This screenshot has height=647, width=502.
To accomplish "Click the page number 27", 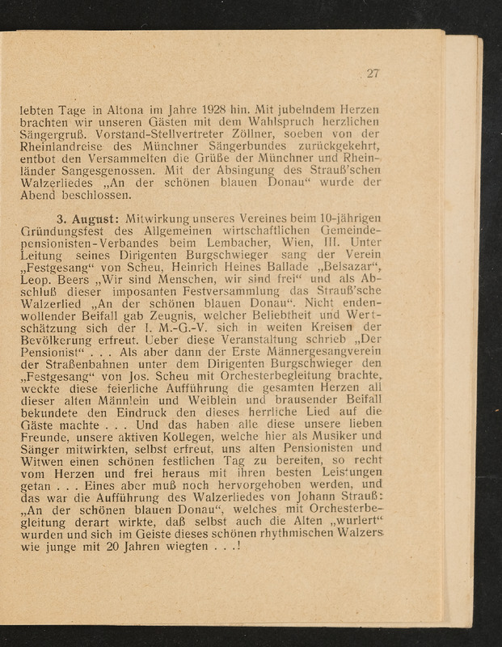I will tap(372, 74).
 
